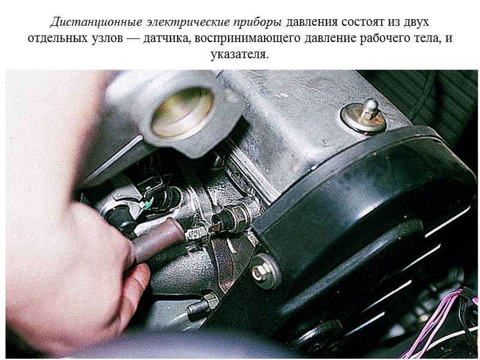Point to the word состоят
pyautogui.click(x=362, y=23)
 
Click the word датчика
pyautogui.click(x=172, y=38)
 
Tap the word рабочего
pyautogui.click(x=380, y=38)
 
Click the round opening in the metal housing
pyautogui.click(x=183, y=112)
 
